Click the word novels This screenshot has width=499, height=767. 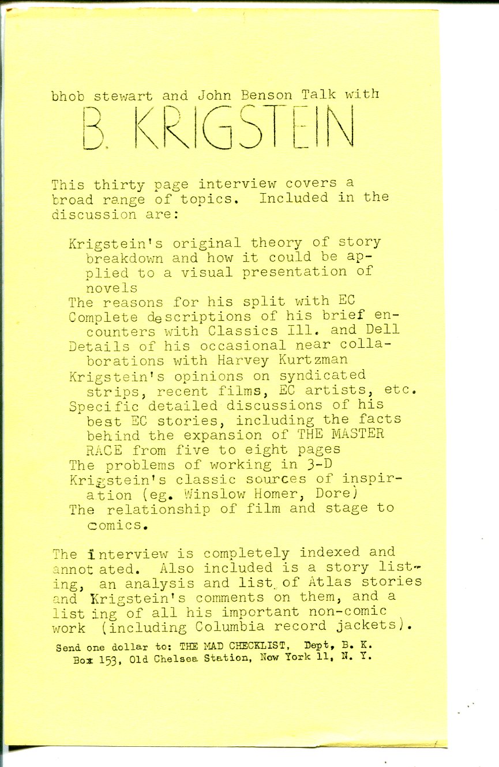tap(112, 287)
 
